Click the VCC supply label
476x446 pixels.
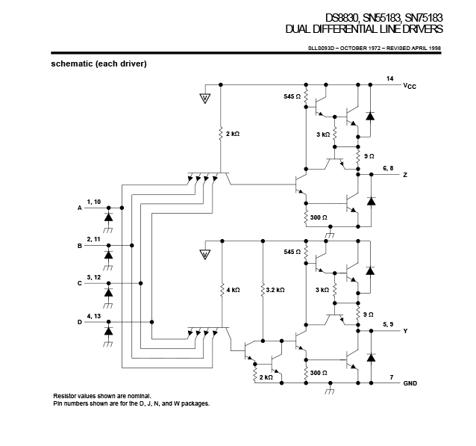[x=410, y=86]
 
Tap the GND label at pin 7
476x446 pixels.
[x=410, y=383]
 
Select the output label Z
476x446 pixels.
[x=405, y=175]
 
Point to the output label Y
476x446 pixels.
[x=405, y=331]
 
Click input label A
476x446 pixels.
[x=80, y=208]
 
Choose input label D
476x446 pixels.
[x=80, y=322]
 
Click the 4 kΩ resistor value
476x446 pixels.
[x=233, y=290]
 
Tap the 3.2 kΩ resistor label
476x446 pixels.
[x=275, y=290]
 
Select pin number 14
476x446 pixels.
[x=389, y=78]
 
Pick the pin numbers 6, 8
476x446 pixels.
[x=388, y=168]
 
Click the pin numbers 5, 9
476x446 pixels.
[x=388, y=324]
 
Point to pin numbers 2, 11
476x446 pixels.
[x=93, y=239]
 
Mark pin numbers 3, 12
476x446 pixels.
[x=93, y=277]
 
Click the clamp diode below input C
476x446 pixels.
[x=108, y=292]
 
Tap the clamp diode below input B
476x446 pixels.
[x=108, y=255]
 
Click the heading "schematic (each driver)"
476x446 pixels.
[x=98, y=64]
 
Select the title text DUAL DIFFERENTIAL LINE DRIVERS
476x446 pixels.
[x=364, y=29]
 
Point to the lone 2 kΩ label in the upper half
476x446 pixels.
[x=233, y=134]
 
